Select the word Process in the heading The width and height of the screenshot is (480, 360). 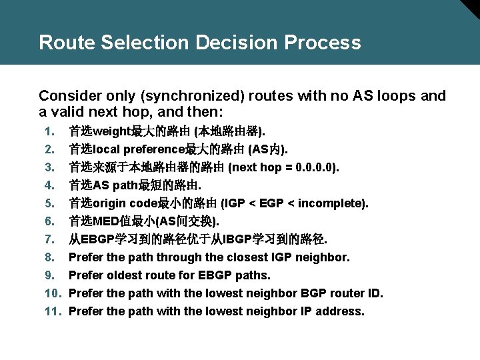(x=323, y=43)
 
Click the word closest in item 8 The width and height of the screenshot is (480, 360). (x=247, y=257)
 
